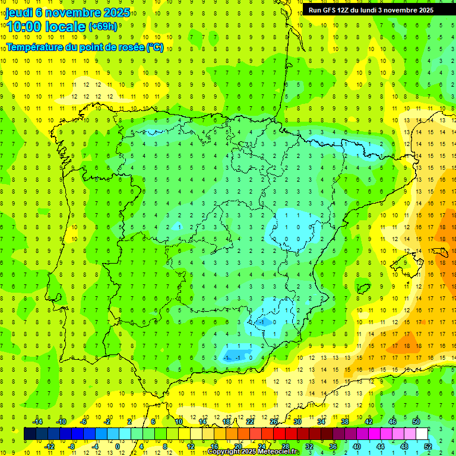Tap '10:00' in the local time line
click(x=24, y=26)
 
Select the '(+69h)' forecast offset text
click(x=103, y=27)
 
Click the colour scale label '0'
click(x=117, y=446)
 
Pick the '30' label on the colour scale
click(x=297, y=422)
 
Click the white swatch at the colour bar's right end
click(x=427, y=434)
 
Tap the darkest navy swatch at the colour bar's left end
click(x=30, y=434)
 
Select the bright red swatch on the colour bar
click(x=279, y=434)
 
